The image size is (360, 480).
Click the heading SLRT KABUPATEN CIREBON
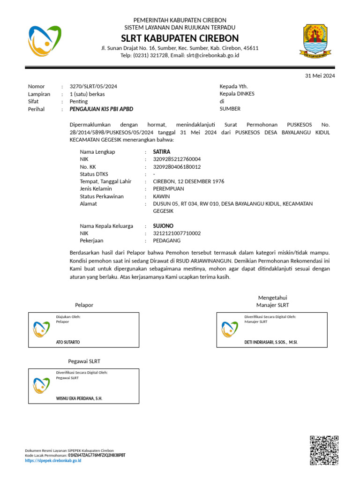coord(180,38)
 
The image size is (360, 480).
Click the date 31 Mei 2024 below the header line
coord(320,75)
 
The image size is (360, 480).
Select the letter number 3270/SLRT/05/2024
coord(93,86)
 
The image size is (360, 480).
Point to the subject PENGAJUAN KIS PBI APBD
coord(101,109)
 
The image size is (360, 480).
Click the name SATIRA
coord(162,152)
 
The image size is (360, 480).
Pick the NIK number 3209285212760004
coord(177,159)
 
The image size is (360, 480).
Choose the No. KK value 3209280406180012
coord(177,167)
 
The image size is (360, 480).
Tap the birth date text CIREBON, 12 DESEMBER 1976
coord(188,181)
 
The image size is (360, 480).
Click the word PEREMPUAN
coord(168,189)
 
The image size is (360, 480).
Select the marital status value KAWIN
coord(161,196)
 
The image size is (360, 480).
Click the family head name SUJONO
coord(163,226)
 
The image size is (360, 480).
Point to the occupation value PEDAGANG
coord(167,240)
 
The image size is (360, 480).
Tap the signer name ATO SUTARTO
coord(68,342)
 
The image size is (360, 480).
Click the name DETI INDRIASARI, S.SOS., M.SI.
coord(271,342)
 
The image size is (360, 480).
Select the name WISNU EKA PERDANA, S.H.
coord(79,398)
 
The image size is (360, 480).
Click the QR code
coord(324,450)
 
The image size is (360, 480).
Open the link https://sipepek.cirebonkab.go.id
coord(53,461)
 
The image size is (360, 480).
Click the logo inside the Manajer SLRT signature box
coord(230,330)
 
